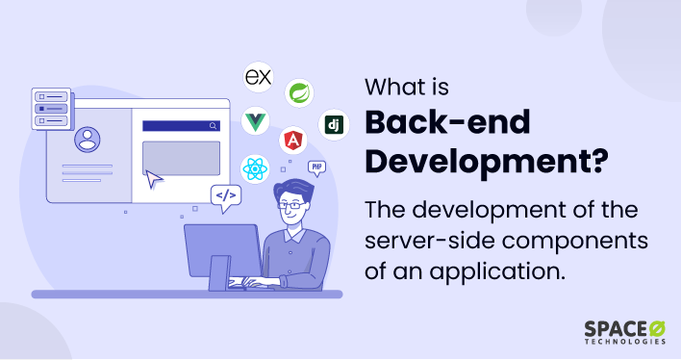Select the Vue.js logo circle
tap(255, 122)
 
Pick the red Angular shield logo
tap(292, 141)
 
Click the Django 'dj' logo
tap(334, 125)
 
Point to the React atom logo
tap(255, 169)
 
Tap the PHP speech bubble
tap(315, 167)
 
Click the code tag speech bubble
tap(225, 197)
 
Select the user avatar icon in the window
tap(88, 141)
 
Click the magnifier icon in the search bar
tap(213, 125)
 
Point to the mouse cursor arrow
tap(153, 178)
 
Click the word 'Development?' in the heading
tap(486, 162)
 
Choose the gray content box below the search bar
tap(181, 156)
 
